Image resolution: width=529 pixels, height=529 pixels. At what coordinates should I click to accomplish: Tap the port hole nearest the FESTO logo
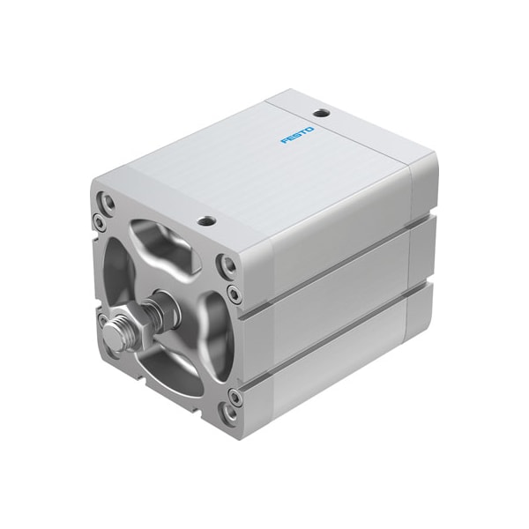(322, 113)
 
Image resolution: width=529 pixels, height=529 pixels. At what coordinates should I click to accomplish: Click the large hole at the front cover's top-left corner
(108, 203)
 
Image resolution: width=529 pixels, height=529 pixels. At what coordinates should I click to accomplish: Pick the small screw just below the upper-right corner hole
(233, 291)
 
